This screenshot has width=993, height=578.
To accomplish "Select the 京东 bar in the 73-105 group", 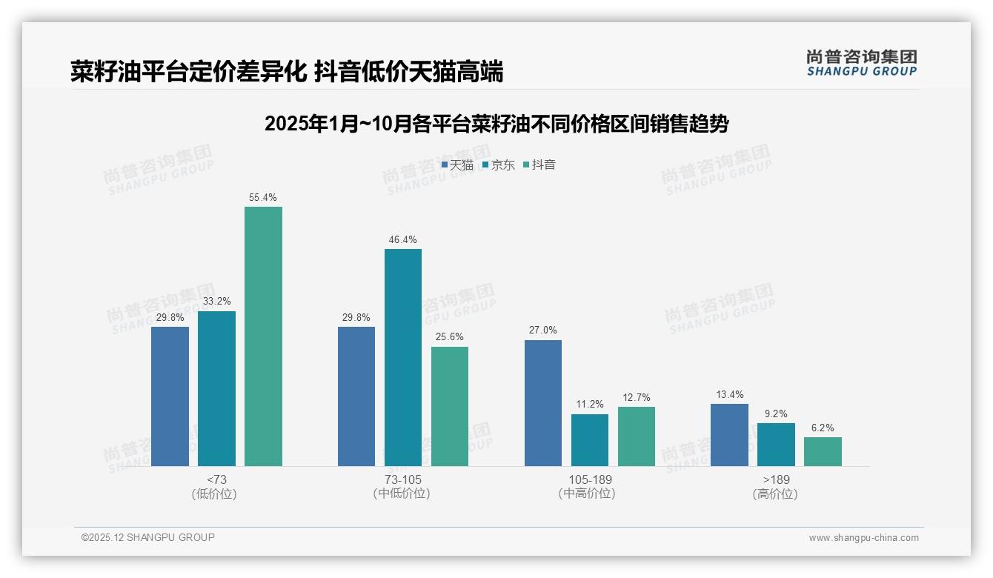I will pos(402,357).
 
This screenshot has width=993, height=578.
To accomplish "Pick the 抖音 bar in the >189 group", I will pos(823,451).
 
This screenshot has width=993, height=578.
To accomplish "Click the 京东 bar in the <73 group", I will pos(216,388).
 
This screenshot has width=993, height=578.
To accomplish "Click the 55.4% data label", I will pos(263,198).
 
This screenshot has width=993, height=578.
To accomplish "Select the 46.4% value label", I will pos(402,240).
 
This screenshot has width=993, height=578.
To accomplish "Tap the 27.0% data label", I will pos(542,330).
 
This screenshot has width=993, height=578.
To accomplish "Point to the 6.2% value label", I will pos(823,428).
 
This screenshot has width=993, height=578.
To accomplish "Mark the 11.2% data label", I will pos(590,405).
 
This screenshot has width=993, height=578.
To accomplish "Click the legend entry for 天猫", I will pos(457,165).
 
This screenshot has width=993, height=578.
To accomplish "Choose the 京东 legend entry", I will pos(498,165).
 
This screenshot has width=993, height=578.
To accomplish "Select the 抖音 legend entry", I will pos(539,165).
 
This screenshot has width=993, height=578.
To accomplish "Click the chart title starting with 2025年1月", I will pos(496,124).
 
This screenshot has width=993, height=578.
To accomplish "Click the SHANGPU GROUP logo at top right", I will pos(861,63).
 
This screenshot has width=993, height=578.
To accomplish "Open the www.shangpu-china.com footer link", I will pos(863,538).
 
